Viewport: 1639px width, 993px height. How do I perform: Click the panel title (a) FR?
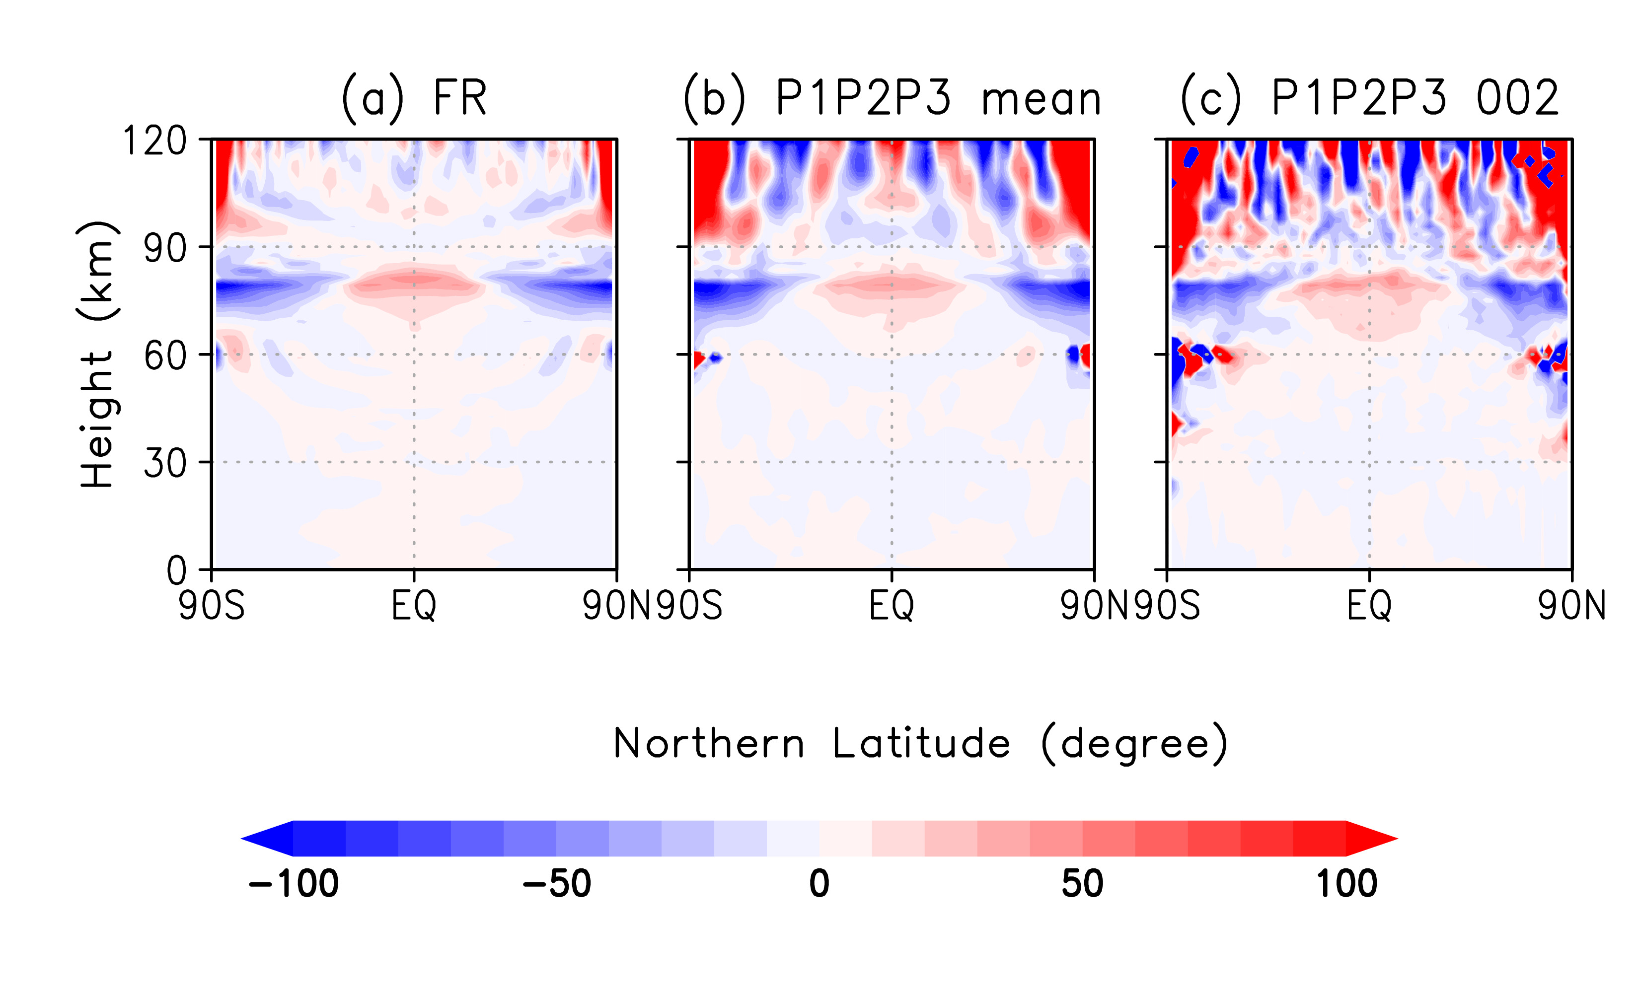click(x=414, y=98)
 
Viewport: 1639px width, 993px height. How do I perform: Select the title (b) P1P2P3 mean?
click(x=892, y=98)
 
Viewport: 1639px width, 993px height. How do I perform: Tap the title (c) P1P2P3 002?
click(x=1369, y=98)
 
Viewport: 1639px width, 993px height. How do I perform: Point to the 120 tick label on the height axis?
click(x=155, y=141)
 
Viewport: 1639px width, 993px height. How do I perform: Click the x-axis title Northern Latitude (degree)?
click(x=920, y=744)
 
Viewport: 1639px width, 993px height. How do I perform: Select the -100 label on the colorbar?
click(x=294, y=884)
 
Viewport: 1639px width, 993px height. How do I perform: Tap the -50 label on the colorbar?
click(x=557, y=884)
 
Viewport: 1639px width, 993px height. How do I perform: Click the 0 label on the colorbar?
click(x=819, y=884)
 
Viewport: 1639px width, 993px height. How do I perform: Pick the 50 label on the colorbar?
click(x=1082, y=884)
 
